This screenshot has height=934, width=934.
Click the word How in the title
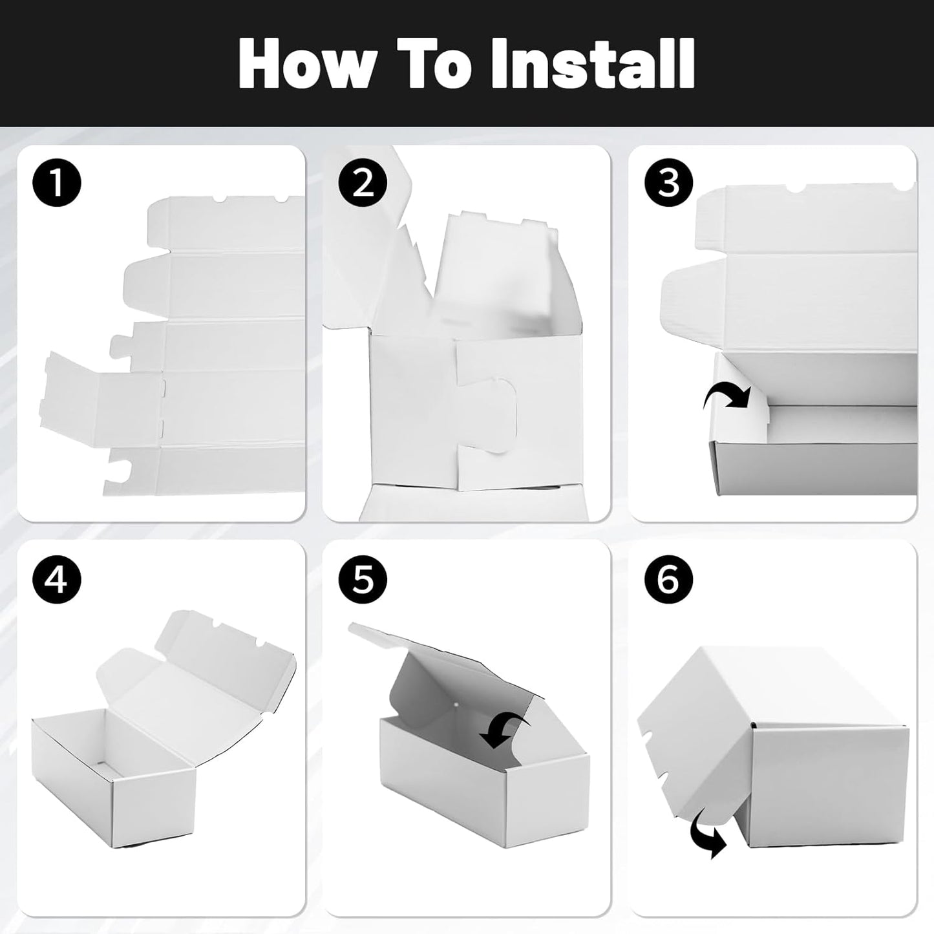(x=307, y=64)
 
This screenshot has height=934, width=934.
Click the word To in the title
(x=434, y=64)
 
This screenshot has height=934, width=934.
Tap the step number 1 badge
(x=57, y=184)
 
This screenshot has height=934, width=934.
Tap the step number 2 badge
(x=363, y=184)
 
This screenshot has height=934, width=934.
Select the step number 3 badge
(x=669, y=184)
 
